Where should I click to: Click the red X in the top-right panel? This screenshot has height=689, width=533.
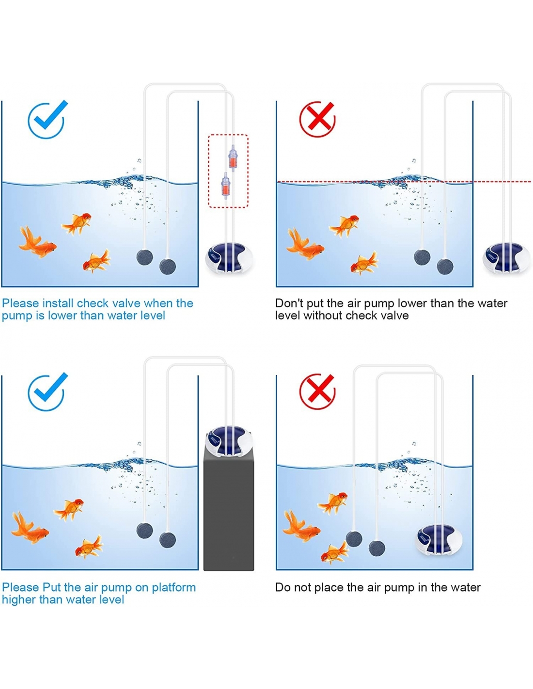click(317, 119)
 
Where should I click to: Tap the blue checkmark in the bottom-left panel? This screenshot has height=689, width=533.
click(47, 391)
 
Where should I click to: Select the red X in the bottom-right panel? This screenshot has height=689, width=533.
click(317, 391)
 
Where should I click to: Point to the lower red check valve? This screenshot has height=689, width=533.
click(225, 186)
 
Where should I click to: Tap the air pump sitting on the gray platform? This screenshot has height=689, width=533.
click(229, 441)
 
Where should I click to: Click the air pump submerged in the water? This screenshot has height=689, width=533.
click(439, 540)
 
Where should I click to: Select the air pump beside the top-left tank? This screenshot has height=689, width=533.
click(229, 258)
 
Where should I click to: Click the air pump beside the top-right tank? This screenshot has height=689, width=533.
click(506, 258)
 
